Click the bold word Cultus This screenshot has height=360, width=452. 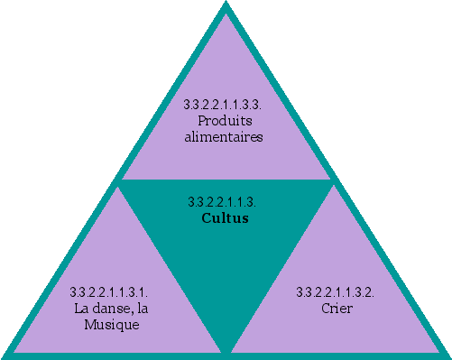tap(225, 218)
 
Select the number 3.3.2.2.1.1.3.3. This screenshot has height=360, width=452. tap(223, 105)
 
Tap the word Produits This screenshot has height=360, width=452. tap(224, 121)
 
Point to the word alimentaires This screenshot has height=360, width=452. tap(224, 137)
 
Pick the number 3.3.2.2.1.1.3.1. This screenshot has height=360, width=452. tap(108, 291)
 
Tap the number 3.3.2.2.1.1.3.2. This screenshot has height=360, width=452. tap(336, 291)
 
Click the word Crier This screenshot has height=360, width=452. tap(336, 309)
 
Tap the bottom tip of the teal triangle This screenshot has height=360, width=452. tap(226, 350)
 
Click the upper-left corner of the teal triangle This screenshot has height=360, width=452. tap(120, 180)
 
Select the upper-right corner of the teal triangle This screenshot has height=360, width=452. tap(333, 180)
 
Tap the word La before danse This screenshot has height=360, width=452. tap(83, 309)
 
